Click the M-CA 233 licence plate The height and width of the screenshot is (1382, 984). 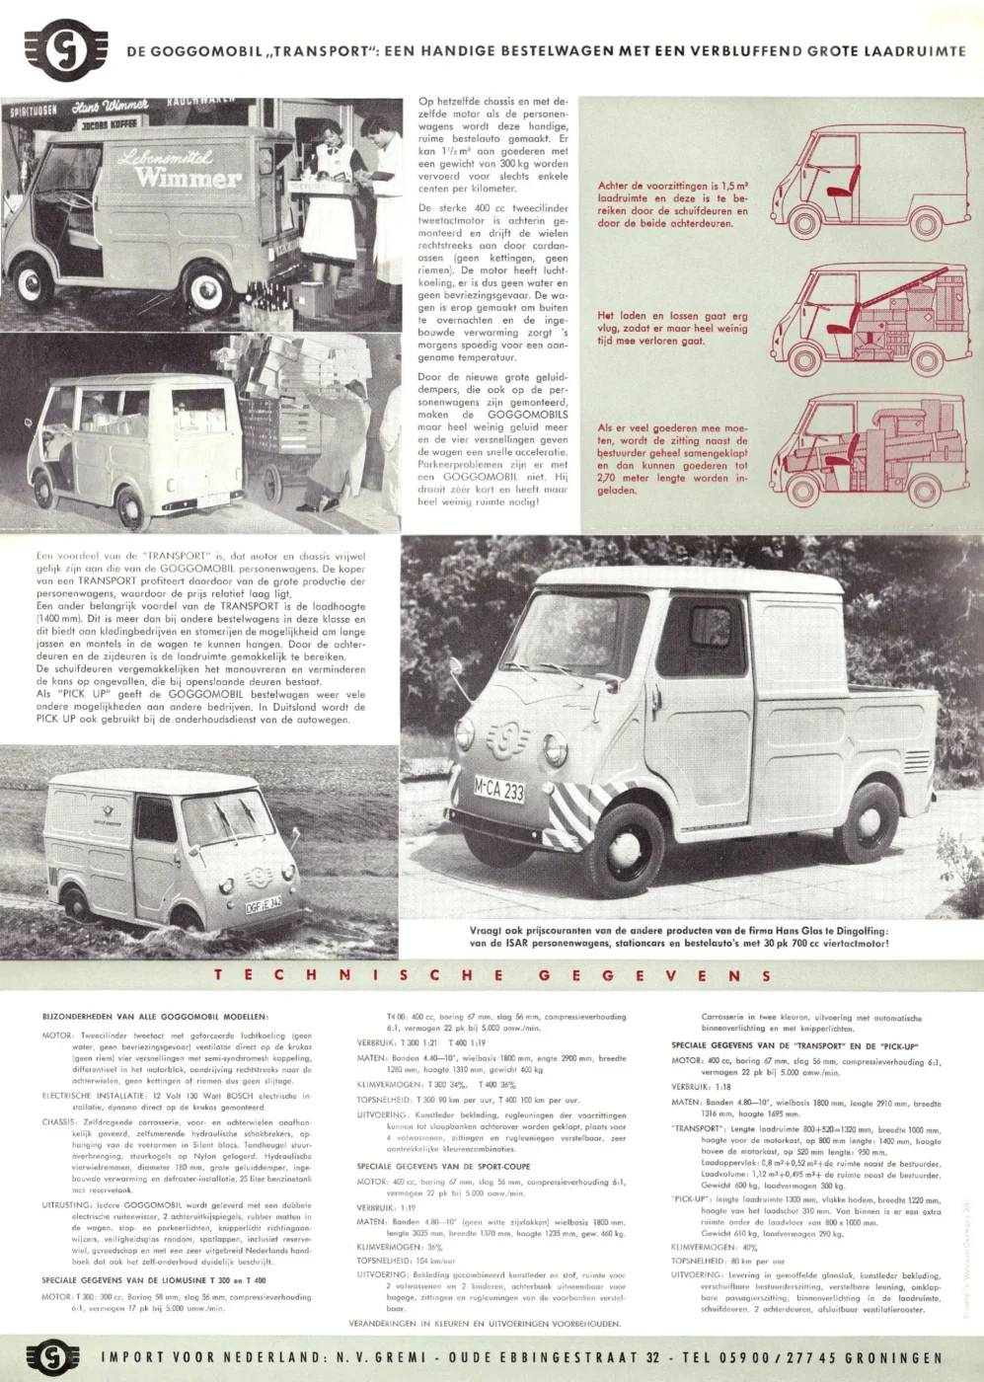(x=499, y=790)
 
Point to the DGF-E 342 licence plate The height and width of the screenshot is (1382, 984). (x=264, y=902)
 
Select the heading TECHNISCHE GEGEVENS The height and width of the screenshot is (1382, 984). (x=492, y=975)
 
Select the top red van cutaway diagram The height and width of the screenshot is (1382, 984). (x=856, y=179)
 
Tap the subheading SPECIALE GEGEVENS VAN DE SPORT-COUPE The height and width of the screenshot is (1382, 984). (x=443, y=1166)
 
